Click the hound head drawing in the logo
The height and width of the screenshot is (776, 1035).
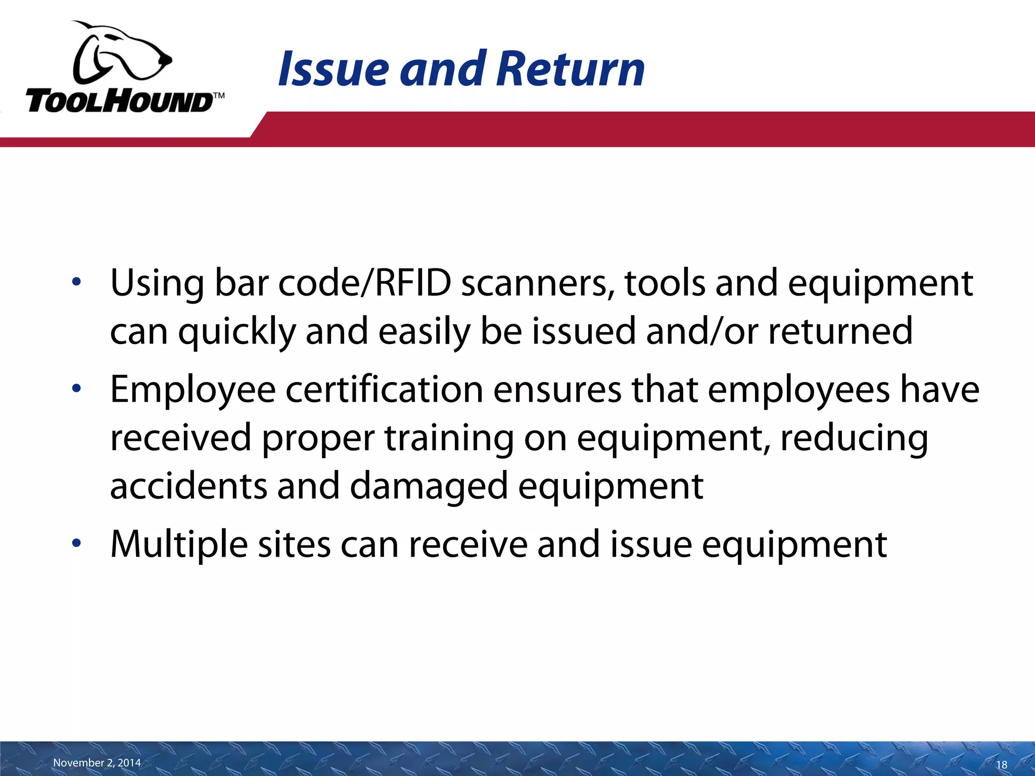pyautogui.click(x=121, y=53)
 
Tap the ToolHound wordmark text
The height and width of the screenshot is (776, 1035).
pyautogui.click(x=119, y=102)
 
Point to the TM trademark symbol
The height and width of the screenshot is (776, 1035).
pyautogui.click(x=218, y=95)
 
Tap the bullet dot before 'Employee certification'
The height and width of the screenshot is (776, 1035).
pyautogui.click(x=76, y=389)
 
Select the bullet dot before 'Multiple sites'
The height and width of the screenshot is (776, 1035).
pyautogui.click(x=76, y=544)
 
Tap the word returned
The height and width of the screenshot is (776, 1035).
pyautogui.click(x=840, y=331)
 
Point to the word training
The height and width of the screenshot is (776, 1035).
pyautogui.click(x=449, y=438)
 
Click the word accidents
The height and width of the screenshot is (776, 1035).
pyautogui.click(x=188, y=486)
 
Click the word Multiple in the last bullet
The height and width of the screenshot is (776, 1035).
pyautogui.click(x=179, y=545)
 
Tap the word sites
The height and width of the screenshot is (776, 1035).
pyautogui.click(x=294, y=545)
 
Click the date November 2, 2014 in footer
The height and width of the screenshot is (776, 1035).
pyautogui.click(x=97, y=762)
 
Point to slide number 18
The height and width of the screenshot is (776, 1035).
pyautogui.click(x=1001, y=764)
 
